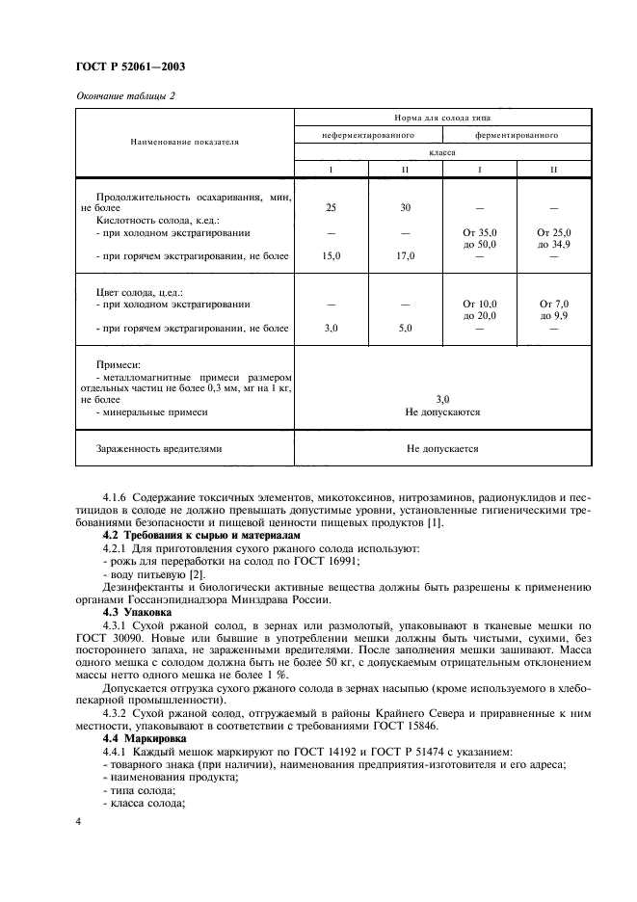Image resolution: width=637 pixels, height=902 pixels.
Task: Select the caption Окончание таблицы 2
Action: coord(125,95)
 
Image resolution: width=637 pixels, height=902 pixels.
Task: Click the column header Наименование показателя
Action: coord(184,142)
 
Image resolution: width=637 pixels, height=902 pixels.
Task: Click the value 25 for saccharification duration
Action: coord(331,207)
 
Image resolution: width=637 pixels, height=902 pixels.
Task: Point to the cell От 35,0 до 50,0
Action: coord(479,239)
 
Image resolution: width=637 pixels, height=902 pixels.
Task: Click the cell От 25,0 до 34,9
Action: coord(553,239)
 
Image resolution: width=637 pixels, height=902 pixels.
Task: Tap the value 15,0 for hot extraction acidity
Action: coord(331,256)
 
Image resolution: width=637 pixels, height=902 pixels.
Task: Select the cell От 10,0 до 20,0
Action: coord(479,309)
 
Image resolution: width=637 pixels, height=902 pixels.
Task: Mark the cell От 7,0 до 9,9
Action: coord(553,309)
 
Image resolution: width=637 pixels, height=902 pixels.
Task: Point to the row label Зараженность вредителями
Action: coord(159,448)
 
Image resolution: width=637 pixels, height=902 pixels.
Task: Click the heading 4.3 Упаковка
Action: coord(137,611)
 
